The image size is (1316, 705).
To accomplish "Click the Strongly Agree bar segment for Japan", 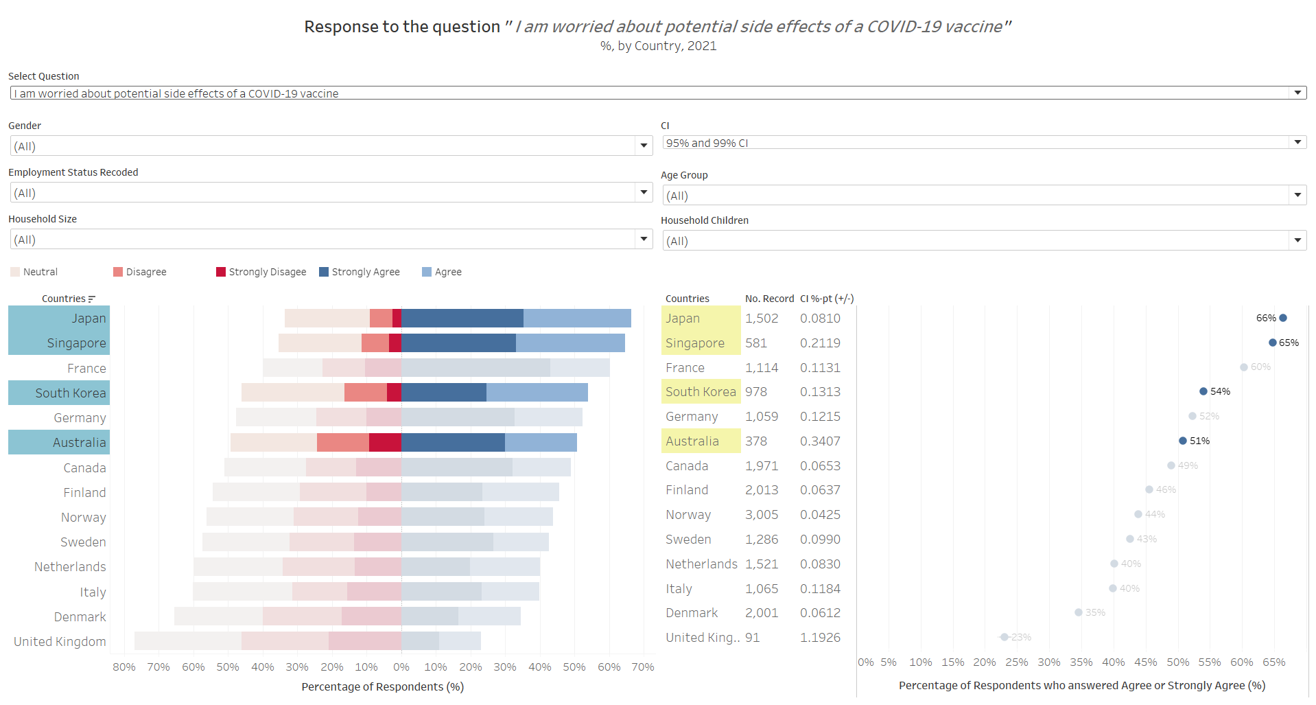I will tap(462, 318).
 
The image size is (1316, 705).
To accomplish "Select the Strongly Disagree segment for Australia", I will tap(385, 443).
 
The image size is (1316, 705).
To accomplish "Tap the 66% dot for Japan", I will tap(1283, 318).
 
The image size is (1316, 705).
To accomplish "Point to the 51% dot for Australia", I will tap(1183, 441).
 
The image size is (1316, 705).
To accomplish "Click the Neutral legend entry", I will tap(34, 272).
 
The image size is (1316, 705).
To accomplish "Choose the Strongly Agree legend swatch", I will tap(324, 272).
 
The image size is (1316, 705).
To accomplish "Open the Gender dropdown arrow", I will tap(644, 146).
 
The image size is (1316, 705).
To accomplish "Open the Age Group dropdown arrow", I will tap(1297, 196).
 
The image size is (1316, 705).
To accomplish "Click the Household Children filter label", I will tap(705, 220).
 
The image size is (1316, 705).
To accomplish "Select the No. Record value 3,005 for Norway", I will tap(762, 515).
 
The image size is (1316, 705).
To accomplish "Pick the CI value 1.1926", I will tap(820, 638).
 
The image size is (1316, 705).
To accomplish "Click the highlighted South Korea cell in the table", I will tap(701, 392).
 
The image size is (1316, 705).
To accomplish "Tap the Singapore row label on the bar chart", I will tap(76, 343).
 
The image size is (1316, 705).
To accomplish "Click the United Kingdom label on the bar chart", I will tap(60, 642).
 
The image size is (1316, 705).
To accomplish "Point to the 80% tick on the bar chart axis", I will tap(124, 667).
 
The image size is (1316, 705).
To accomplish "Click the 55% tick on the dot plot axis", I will tap(1210, 662).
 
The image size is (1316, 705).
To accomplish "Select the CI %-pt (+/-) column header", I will tap(827, 299).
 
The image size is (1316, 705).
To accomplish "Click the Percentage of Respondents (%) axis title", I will tap(382, 686).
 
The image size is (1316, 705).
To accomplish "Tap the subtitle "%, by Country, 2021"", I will tap(658, 46).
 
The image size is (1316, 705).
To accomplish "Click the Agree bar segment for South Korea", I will tap(537, 393).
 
